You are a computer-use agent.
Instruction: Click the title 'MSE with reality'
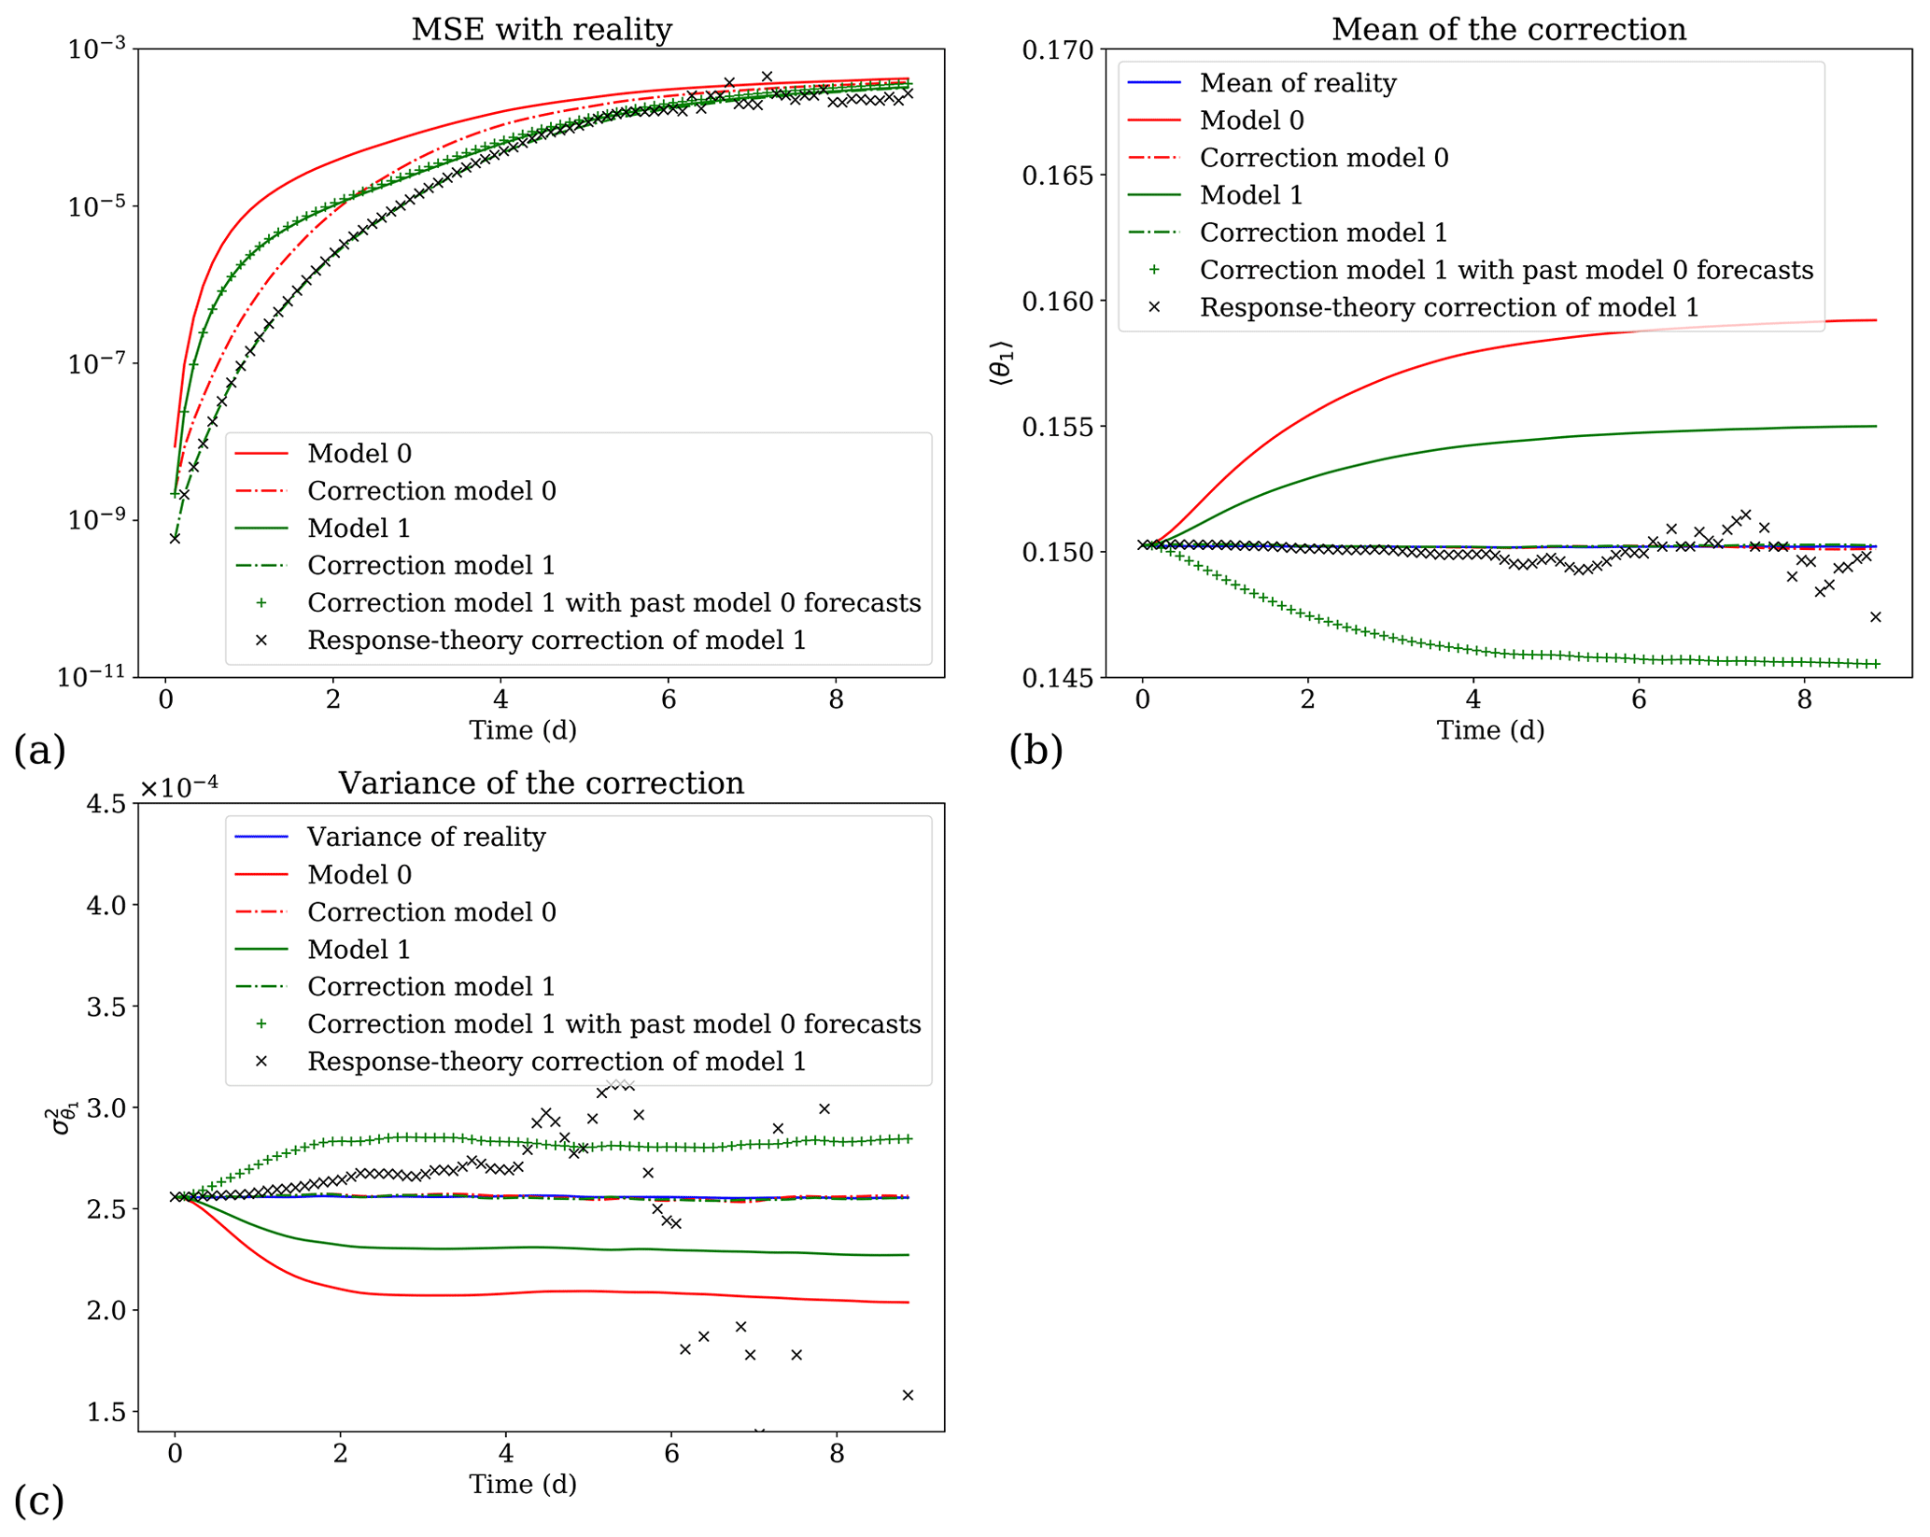(542, 30)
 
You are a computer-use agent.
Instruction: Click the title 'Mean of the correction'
(1508, 30)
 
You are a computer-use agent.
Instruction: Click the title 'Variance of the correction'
(542, 783)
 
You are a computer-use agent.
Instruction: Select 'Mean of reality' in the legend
(1298, 83)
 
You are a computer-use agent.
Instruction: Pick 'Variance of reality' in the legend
(426, 837)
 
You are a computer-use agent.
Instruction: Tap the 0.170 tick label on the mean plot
(1058, 49)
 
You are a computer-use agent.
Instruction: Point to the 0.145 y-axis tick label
(1058, 678)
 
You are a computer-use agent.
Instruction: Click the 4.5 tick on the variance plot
(106, 804)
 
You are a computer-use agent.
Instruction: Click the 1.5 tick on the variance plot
(106, 1413)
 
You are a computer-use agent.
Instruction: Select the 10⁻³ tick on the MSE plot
(97, 49)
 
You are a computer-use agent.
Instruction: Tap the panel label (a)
(39, 750)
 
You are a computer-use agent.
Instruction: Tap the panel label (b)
(1035, 750)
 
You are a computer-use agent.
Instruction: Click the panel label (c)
(39, 1501)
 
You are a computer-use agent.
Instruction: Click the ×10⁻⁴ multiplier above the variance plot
(179, 787)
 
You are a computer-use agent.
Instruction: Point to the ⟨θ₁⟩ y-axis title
(1001, 364)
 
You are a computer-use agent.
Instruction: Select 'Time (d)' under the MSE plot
(523, 730)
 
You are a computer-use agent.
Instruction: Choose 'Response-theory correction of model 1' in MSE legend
(556, 641)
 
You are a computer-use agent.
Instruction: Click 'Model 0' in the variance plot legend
(359, 875)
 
